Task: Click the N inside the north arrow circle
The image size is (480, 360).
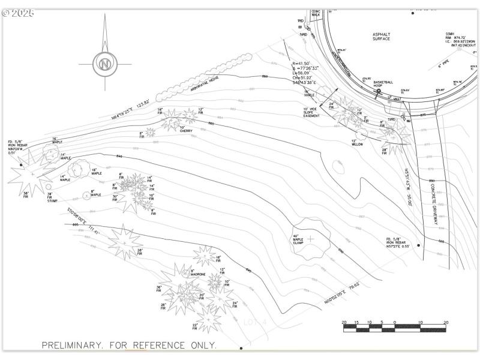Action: point(105,64)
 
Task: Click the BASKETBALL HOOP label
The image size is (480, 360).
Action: point(383,83)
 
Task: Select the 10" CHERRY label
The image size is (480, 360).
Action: point(185,130)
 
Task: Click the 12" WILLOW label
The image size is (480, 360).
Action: point(357,143)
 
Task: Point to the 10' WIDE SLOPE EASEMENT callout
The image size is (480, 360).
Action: point(311,112)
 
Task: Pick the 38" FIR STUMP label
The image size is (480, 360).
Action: point(52,197)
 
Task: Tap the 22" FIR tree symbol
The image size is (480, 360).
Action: point(208,319)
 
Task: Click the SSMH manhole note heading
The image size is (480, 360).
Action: point(450,34)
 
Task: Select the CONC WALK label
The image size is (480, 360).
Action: point(316,13)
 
